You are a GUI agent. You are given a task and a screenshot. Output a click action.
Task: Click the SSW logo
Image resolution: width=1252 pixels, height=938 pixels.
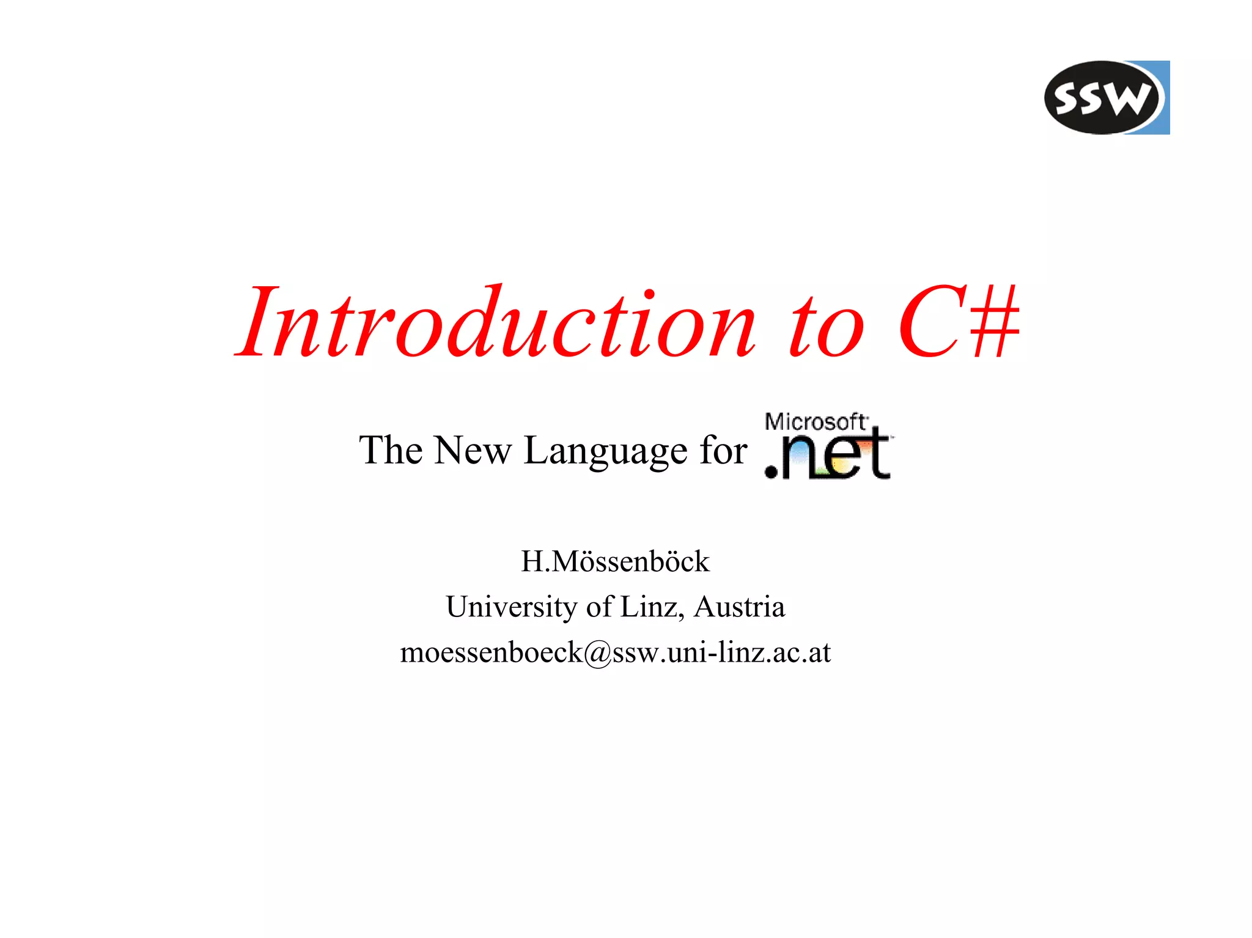click(1106, 97)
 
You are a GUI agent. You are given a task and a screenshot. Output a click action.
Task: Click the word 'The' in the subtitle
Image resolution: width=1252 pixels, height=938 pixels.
click(391, 451)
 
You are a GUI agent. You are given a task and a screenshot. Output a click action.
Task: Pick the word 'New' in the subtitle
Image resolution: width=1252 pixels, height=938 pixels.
click(473, 451)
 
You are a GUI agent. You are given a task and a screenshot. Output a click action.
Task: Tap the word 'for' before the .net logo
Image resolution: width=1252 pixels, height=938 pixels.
click(723, 451)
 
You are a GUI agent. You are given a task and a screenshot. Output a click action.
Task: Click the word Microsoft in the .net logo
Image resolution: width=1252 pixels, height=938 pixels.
click(815, 422)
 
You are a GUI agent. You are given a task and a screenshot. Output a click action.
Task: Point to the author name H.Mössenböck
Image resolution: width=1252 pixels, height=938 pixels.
click(615, 561)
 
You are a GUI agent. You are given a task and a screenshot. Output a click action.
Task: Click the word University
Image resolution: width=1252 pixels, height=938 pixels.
click(511, 607)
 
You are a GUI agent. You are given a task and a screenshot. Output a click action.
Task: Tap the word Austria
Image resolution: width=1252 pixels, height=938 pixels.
click(739, 607)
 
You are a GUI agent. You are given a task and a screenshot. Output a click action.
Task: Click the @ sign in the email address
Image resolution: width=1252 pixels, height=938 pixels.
click(597, 653)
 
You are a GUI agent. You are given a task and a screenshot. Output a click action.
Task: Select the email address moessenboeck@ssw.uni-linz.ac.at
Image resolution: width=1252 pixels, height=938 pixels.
click(615, 652)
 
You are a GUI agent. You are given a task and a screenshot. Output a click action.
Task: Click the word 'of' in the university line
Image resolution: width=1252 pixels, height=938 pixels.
click(599, 607)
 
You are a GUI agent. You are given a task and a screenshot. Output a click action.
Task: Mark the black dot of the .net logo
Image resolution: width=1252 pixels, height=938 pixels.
click(772, 471)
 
